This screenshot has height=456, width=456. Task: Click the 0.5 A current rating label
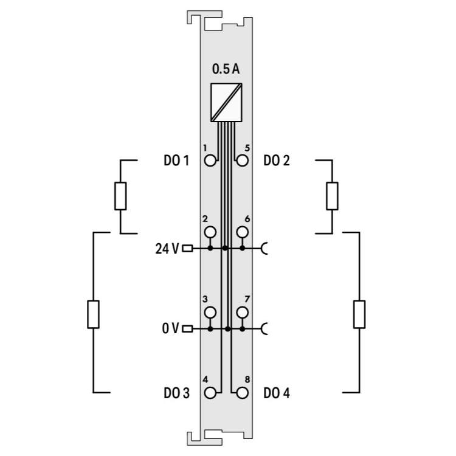[226, 69]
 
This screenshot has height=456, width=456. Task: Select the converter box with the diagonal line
[226, 102]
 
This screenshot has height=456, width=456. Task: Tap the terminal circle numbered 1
[210, 161]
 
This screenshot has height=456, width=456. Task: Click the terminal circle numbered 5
[242, 161]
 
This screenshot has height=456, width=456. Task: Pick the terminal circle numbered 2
[210, 232]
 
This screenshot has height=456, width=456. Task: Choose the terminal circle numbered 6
[242, 232]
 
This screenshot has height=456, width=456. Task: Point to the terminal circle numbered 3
[210, 313]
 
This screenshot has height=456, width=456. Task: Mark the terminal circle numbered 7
[242, 313]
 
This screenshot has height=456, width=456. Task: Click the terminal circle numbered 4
[210, 393]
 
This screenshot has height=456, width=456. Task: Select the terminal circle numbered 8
[242, 393]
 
